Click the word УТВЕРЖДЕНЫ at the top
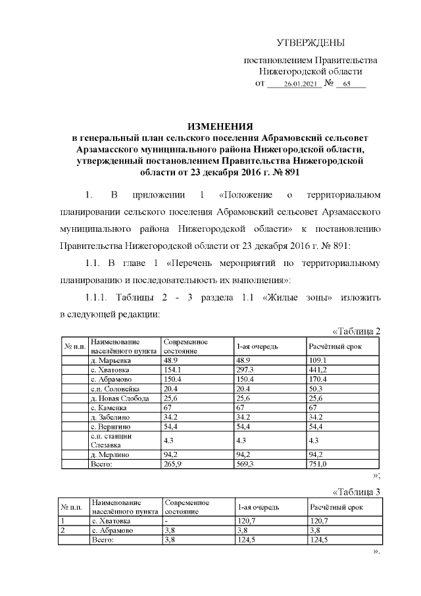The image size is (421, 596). (x=310, y=43)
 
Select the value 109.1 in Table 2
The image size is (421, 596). (x=318, y=361)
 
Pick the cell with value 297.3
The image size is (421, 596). (x=245, y=370)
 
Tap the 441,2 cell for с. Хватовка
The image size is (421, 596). (x=319, y=370)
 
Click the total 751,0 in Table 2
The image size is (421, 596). (x=319, y=464)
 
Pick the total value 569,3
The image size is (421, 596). (x=246, y=464)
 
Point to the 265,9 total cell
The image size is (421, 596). (x=174, y=464)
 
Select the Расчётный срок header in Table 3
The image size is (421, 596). (x=336, y=508)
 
